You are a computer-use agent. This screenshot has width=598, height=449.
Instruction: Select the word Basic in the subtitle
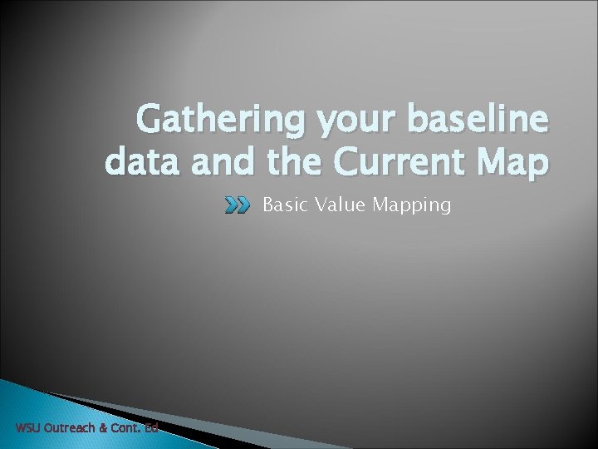point(282,205)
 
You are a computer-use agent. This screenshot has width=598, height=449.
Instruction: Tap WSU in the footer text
point(28,429)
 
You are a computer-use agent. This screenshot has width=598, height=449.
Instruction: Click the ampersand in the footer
point(105,429)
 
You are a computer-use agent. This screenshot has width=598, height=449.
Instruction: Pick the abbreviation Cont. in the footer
point(126,429)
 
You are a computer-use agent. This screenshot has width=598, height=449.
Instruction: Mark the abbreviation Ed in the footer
point(150,429)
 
